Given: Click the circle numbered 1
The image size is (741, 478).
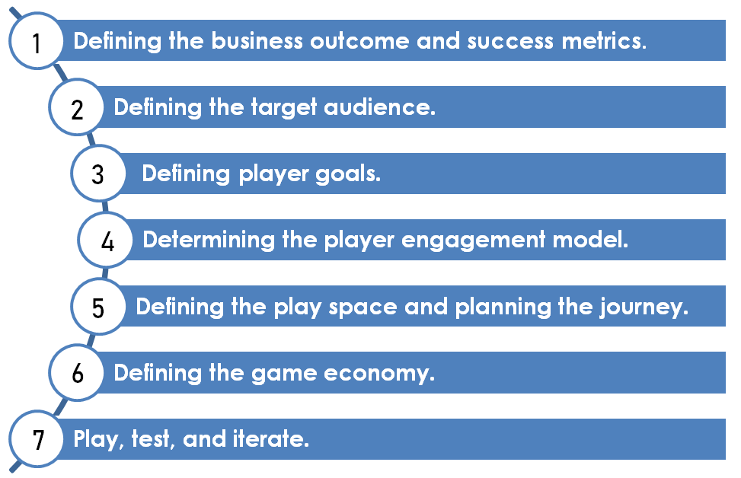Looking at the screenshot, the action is (36, 41).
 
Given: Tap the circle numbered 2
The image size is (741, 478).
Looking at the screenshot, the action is (77, 107).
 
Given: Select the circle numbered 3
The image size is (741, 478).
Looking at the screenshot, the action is (98, 174).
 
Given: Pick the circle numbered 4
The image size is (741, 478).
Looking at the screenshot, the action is (106, 240).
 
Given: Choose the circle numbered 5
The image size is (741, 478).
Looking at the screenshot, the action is (98, 307).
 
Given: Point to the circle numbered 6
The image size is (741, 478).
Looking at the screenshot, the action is (77, 373).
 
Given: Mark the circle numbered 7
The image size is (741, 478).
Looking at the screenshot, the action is (36, 438).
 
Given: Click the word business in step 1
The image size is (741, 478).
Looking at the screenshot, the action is (257, 40).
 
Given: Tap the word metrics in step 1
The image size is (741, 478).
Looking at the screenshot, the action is (604, 41).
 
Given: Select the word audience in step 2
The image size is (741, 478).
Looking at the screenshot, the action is (379, 107).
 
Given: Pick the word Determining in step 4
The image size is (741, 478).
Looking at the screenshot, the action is (209, 240).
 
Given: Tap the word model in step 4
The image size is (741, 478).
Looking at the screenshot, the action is (590, 240).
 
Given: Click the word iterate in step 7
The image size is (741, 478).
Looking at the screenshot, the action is (271, 439).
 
